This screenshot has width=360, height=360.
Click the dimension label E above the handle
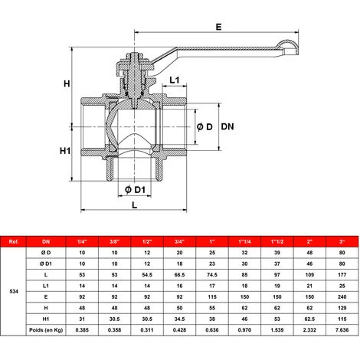[218, 27]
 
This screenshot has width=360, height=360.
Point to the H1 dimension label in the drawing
[66, 151]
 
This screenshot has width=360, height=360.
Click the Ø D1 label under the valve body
[136, 189]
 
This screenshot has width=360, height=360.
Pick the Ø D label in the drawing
[204, 126]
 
